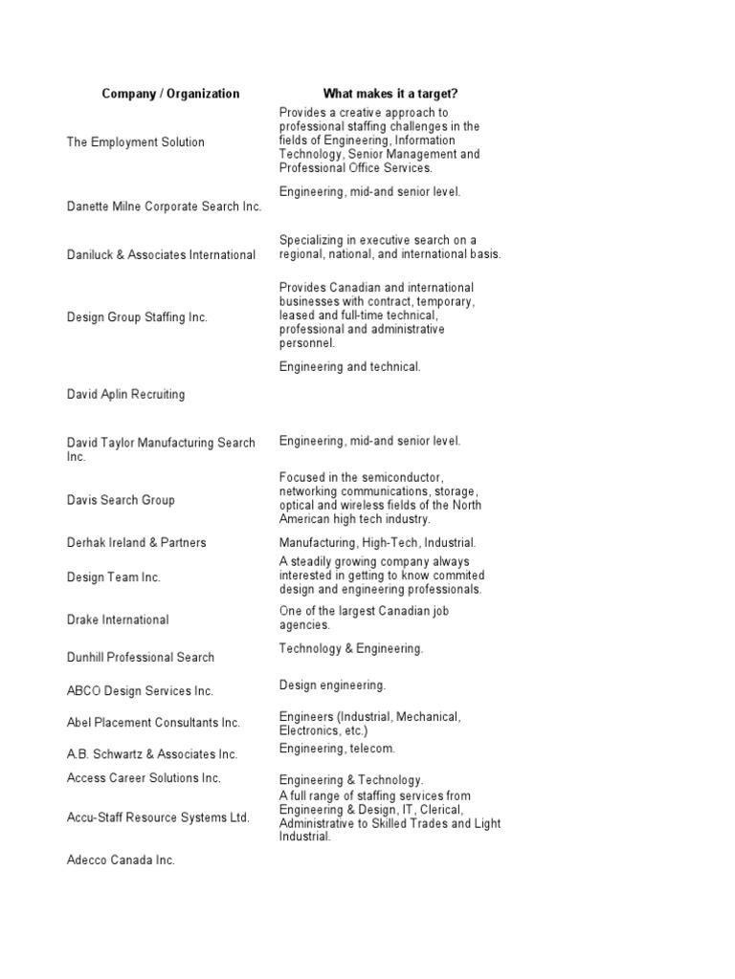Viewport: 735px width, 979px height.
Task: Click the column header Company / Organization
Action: point(170,94)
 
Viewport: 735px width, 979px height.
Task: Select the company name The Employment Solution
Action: point(135,142)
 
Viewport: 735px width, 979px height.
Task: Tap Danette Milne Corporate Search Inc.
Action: point(164,207)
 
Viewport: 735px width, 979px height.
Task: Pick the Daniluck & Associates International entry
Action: point(161,255)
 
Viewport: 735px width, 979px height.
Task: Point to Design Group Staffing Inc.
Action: point(137,316)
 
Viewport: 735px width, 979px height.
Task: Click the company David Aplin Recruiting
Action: point(125,394)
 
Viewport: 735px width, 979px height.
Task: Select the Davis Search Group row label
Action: point(121,500)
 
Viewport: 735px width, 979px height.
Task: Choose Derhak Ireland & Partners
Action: point(136,543)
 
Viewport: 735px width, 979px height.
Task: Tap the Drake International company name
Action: point(118,620)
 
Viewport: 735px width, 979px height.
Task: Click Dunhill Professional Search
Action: point(141,658)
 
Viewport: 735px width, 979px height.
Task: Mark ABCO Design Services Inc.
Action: point(140,691)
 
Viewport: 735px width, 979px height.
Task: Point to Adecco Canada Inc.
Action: point(121,860)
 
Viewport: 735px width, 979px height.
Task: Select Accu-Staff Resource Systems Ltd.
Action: point(158,817)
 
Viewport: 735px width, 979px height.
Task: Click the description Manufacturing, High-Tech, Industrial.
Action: point(377,543)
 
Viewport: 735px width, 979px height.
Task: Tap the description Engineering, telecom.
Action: point(337,749)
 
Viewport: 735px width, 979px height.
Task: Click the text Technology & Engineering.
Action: point(351,649)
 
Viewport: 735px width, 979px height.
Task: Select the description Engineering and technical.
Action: point(349,366)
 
